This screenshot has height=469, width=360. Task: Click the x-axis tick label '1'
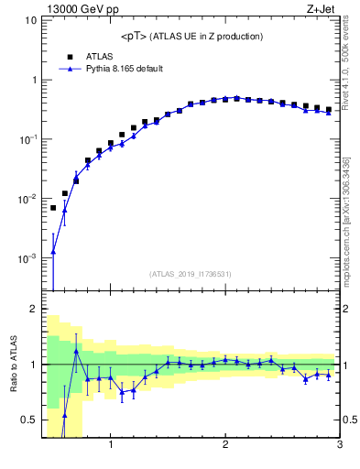point(111,446)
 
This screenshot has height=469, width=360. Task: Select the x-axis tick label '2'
point(225,446)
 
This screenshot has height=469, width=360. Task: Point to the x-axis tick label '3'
point(339,446)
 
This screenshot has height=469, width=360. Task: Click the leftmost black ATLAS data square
point(53,208)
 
